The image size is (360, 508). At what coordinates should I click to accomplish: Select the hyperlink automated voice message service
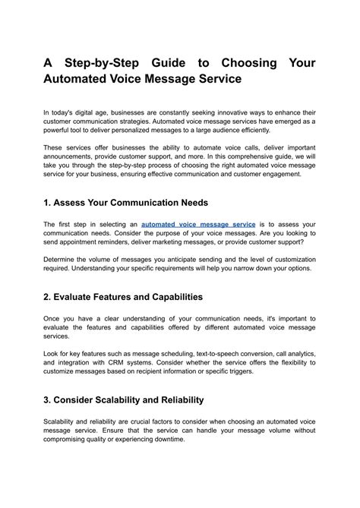click(198, 225)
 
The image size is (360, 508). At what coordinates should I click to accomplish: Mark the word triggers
click(261, 373)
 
